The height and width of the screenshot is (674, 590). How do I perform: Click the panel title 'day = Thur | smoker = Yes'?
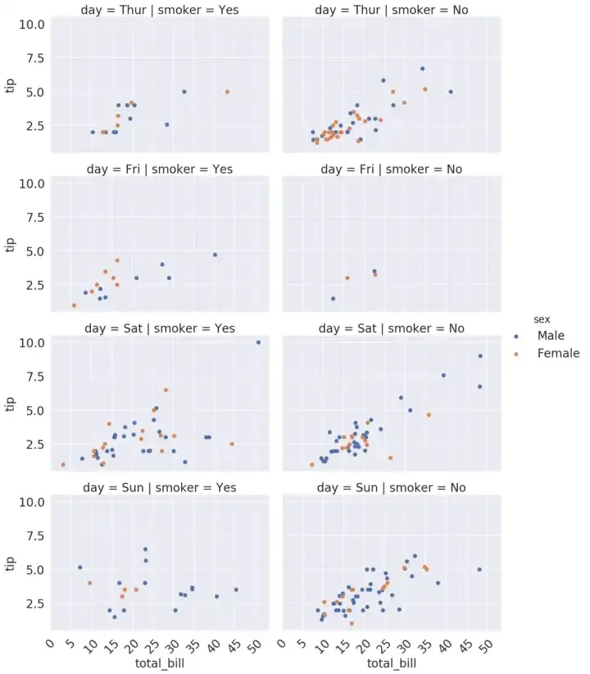pos(160,10)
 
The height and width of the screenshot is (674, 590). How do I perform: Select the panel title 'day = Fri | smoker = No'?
pos(392,169)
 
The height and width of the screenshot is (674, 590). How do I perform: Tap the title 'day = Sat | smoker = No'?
pos(392,328)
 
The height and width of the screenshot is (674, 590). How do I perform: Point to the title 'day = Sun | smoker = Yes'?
pos(160,487)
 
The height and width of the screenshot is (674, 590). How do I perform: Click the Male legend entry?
pos(551,336)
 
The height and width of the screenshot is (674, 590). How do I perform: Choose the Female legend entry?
pos(557,353)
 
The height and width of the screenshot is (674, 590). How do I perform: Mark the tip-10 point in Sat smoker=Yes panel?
pos(258,342)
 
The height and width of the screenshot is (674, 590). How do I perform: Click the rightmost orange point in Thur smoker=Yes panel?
pos(227,92)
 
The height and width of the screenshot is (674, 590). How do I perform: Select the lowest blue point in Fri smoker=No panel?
pos(333,299)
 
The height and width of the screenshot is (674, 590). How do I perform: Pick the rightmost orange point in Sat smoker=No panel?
pos(428,415)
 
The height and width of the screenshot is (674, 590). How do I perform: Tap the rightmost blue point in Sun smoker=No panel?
pos(479,569)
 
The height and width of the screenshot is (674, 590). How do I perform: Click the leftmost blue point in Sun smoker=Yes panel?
pos(79,568)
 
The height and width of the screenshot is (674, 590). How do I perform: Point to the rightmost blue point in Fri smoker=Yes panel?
pos(215,255)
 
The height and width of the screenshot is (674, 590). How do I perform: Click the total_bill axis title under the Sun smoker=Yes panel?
pos(160,663)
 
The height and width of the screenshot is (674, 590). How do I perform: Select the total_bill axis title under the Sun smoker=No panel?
pos(392,663)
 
